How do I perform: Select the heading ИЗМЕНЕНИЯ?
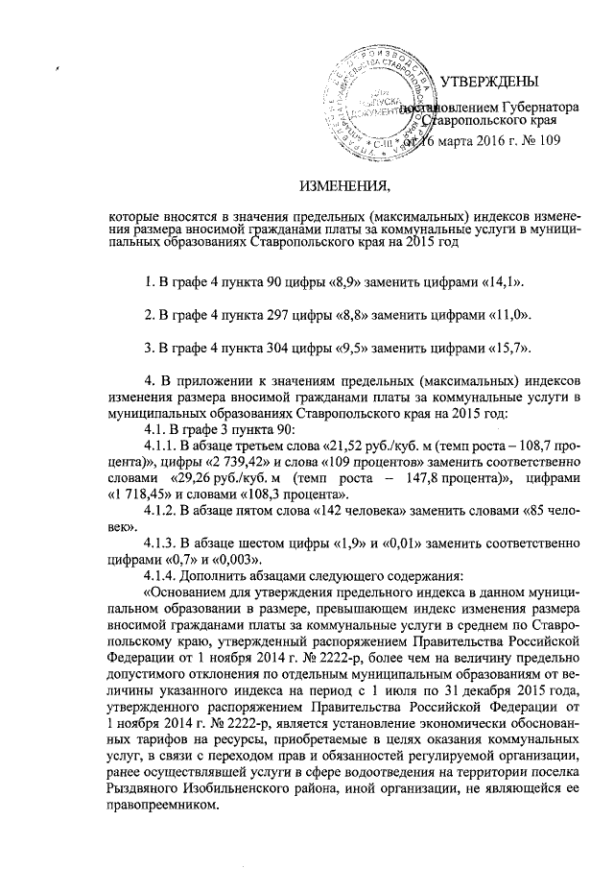[342, 184]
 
